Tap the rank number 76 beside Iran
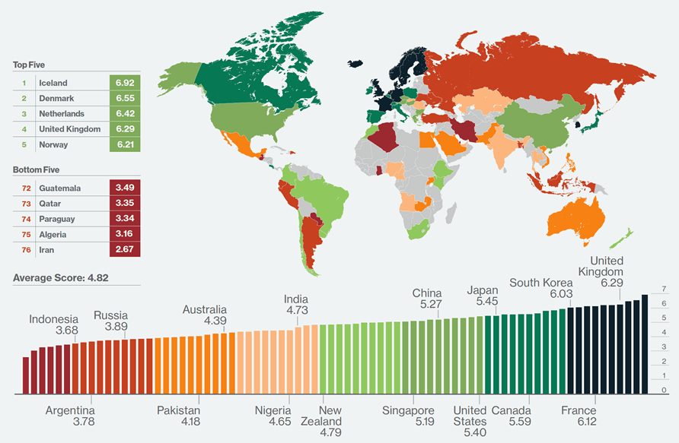(24, 249)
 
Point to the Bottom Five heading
(36, 170)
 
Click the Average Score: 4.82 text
(61, 277)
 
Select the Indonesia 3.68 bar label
(54, 324)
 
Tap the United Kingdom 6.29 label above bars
(606, 272)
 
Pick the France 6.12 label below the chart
(579, 416)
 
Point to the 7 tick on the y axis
(665, 290)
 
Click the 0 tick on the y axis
(665, 391)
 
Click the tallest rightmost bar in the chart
(645, 344)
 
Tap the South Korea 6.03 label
(540, 288)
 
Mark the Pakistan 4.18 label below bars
(179, 416)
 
